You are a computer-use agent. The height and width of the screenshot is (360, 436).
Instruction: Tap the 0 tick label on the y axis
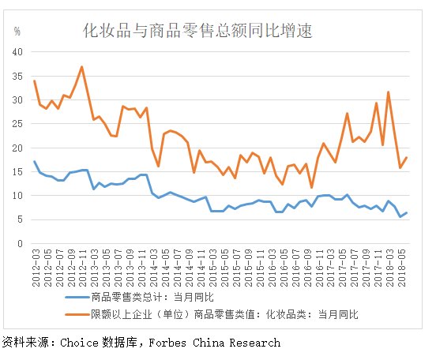pos(21,243)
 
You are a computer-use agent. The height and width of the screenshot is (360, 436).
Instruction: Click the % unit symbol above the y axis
pos(17,32)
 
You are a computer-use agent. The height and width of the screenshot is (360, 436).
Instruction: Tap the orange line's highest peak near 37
pos(82,67)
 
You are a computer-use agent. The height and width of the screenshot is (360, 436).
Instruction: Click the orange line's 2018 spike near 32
pos(389,92)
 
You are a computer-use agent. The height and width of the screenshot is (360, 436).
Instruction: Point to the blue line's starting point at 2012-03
pos(34,161)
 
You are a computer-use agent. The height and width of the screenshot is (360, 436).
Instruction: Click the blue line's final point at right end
pos(407,212)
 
